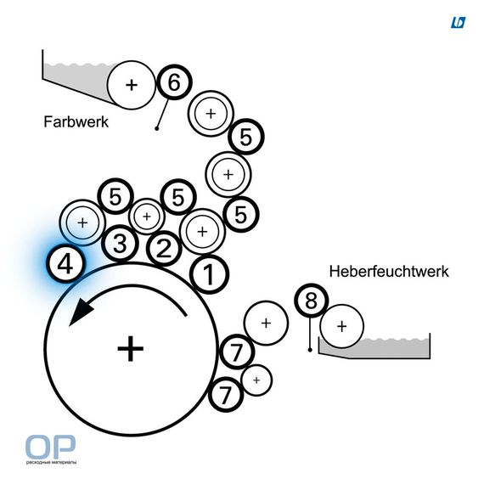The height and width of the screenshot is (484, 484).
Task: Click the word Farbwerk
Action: [76, 121]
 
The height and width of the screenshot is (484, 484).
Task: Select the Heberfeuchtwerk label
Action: [389, 272]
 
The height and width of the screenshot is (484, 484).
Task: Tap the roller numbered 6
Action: [174, 82]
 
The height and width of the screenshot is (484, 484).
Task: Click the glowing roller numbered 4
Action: [65, 264]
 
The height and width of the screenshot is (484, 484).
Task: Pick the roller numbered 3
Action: [120, 244]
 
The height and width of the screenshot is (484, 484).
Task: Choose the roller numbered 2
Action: [164, 249]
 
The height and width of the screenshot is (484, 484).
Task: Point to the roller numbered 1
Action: [209, 273]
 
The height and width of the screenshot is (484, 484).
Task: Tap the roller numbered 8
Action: [311, 301]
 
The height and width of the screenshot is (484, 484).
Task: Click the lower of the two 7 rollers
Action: [226, 394]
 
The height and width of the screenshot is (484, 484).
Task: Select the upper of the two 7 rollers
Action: [237, 352]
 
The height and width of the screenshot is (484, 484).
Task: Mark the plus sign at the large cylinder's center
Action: [131, 349]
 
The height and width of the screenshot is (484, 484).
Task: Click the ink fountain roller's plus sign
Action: [132, 85]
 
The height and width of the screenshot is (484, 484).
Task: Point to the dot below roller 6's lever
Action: [157, 128]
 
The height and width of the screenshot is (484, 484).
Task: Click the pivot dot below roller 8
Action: [310, 350]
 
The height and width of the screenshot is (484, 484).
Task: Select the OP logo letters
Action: [50, 447]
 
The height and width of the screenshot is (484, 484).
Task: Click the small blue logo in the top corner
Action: [458, 23]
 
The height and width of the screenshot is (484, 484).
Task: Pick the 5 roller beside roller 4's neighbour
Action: [115, 196]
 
